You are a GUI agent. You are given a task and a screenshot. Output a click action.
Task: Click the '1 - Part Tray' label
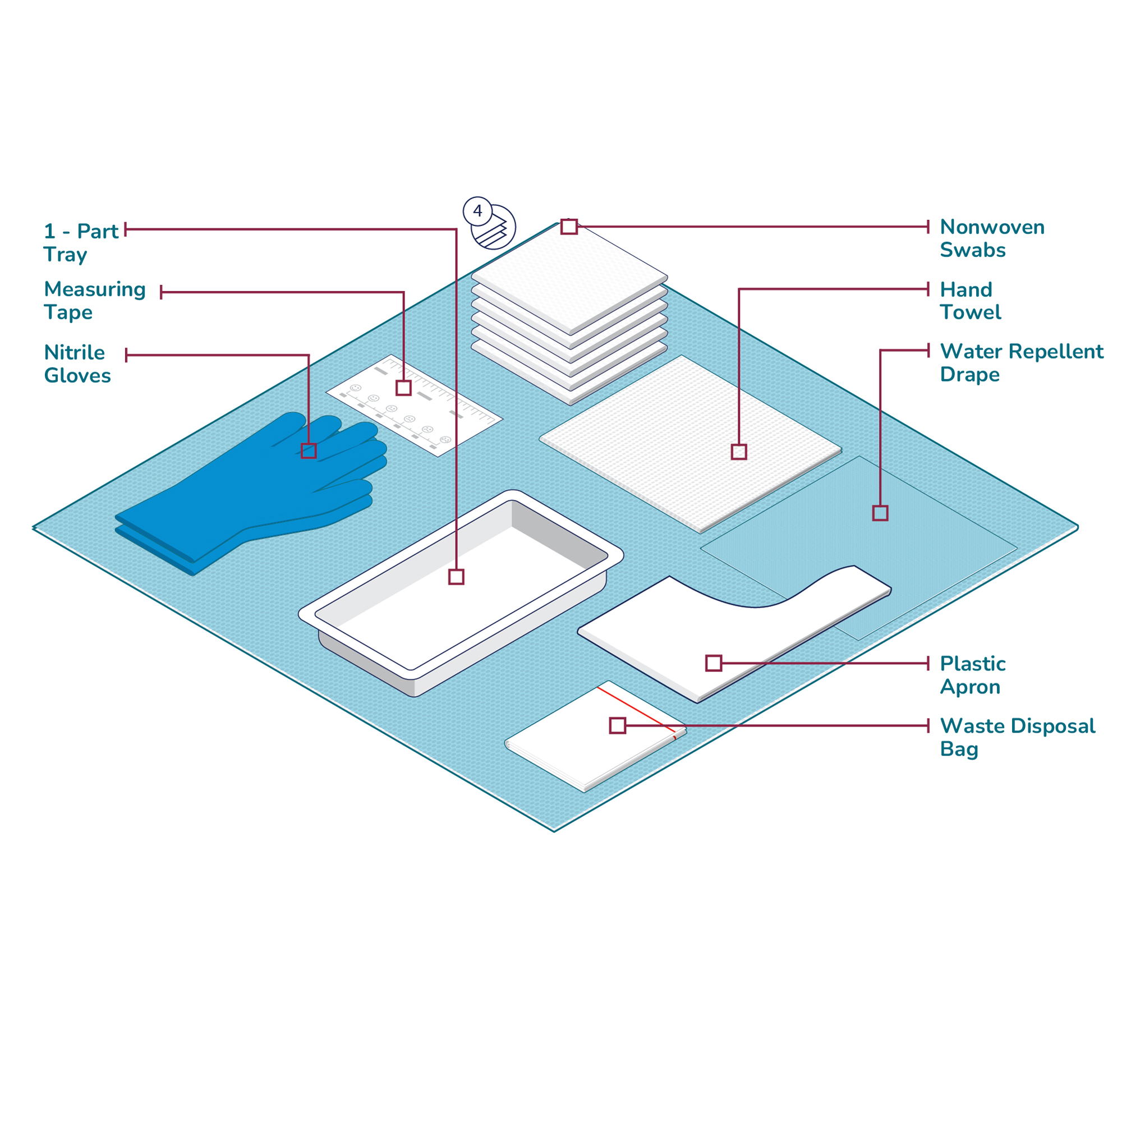(81, 243)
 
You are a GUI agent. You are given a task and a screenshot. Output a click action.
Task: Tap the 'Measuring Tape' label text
(95, 300)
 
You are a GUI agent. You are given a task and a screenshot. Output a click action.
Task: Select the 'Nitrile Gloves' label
(77, 364)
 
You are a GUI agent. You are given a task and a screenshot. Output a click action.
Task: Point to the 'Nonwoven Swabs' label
(992, 238)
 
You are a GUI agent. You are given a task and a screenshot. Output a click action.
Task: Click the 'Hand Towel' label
(971, 301)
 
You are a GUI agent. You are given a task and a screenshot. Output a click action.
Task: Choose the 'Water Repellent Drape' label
(1021, 362)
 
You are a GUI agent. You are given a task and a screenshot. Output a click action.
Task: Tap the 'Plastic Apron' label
(973, 675)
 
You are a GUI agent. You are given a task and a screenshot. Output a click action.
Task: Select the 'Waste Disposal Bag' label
(1017, 737)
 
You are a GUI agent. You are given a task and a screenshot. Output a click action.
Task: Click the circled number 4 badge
(477, 211)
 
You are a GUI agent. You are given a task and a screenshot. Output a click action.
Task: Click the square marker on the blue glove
(309, 450)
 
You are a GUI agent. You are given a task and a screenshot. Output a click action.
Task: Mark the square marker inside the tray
(457, 577)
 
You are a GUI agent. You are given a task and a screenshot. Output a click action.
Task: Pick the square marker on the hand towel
(739, 451)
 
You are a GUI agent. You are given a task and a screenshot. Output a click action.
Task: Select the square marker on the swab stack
(569, 227)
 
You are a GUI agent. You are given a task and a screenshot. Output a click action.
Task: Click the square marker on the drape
(880, 513)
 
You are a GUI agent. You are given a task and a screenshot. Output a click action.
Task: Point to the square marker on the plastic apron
(714, 663)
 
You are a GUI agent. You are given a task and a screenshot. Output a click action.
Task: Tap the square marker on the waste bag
(618, 725)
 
